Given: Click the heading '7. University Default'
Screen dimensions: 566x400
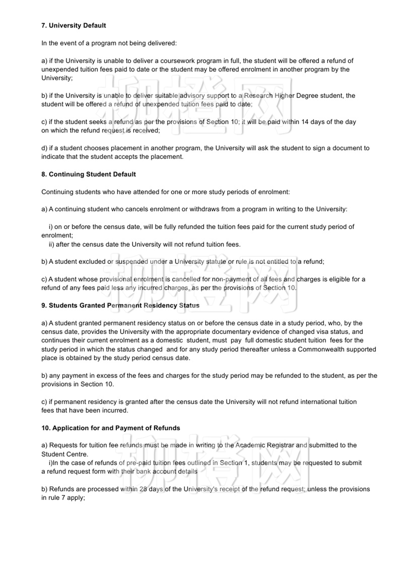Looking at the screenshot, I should [x=73, y=25].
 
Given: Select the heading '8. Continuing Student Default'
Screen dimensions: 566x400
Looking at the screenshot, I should [x=88, y=174].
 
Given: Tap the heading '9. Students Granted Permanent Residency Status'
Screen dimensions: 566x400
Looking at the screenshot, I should [x=120, y=305].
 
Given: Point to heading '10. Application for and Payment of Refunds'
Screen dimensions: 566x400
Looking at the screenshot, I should [x=111, y=428].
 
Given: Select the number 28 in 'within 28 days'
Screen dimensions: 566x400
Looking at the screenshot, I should [x=143, y=489].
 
